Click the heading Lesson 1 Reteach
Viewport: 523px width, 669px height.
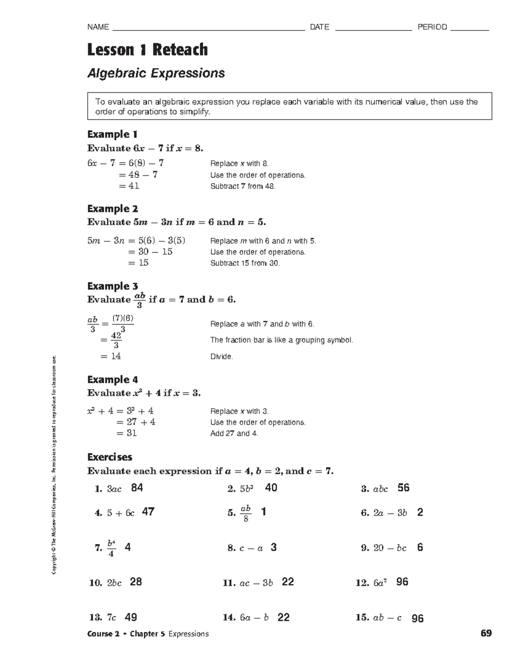pos(147,50)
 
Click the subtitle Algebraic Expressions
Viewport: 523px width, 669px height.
pos(156,73)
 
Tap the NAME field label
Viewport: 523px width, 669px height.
pos(98,27)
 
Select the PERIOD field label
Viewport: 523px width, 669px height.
pos(432,27)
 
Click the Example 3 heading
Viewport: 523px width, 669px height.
pos(112,286)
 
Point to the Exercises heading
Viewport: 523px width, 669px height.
pos(110,457)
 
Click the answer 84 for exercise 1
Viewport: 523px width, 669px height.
pos(137,488)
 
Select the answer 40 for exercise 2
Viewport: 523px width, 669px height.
pos(271,488)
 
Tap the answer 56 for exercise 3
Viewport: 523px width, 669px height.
pos(403,488)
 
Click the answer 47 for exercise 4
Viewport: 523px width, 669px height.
pos(148,512)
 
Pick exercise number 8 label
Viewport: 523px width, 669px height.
pos(231,548)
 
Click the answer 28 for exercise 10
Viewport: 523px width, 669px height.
pos(136,582)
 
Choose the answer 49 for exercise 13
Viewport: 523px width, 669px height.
pos(131,617)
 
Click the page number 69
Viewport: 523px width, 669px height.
pos(486,633)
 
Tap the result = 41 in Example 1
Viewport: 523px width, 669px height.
pos(129,186)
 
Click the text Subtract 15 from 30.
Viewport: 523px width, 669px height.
pos(245,263)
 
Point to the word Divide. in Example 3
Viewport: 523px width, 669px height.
pos(221,357)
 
